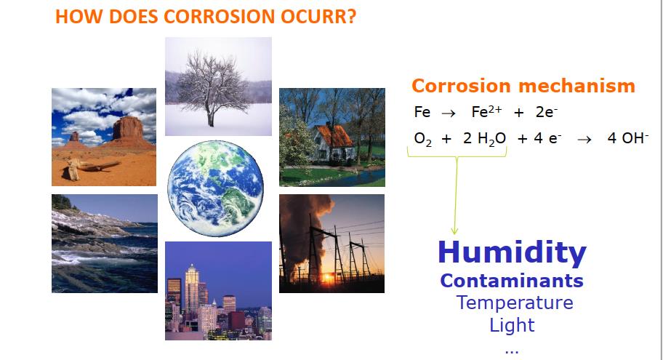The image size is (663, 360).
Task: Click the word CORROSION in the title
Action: click(x=219, y=17)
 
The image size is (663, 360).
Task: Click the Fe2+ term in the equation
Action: click(x=486, y=112)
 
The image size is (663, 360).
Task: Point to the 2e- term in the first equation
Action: click(x=547, y=112)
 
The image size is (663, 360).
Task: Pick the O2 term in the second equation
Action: click(x=423, y=139)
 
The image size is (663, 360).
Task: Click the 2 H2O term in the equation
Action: click(x=485, y=139)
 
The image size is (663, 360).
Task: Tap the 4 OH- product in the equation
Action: click(x=628, y=138)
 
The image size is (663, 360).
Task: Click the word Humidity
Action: click(x=512, y=253)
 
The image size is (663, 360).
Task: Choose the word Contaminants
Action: click(x=512, y=281)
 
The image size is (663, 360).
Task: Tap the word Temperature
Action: click(x=515, y=303)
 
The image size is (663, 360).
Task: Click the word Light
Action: click(x=512, y=325)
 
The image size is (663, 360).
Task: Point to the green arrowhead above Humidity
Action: click(x=454, y=231)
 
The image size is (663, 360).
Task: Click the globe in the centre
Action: click(x=216, y=188)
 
